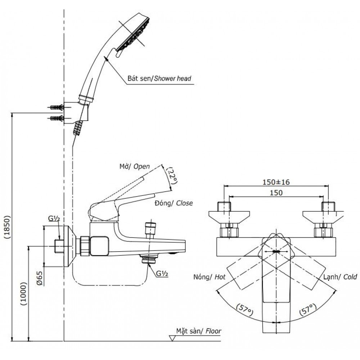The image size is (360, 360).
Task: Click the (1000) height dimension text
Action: pyautogui.click(x=23, y=293)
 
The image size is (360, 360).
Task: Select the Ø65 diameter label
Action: pyautogui.click(x=40, y=278)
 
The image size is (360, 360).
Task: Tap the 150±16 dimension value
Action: pyautogui.click(x=276, y=183)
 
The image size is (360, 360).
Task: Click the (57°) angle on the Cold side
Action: pyautogui.click(x=308, y=309)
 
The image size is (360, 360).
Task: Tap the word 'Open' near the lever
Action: pyautogui.click(x=141, y=167)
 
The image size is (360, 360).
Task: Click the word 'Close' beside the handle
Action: pyautogui.click(x=184, y=203)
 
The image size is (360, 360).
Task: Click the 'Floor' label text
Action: pyautogui.click(x=213, y=331)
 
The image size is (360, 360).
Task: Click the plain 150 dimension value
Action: pyautogui.click(x=275, y=193)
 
